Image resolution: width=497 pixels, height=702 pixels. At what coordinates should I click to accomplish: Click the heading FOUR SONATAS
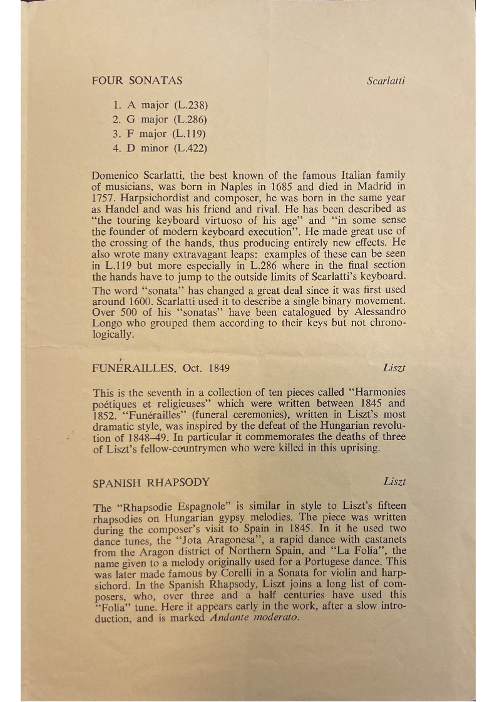(x=137, y=80)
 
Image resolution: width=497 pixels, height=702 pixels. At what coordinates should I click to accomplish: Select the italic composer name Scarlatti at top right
(x=386, y=81)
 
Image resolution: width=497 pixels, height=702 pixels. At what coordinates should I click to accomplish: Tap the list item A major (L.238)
(x=160, y=104)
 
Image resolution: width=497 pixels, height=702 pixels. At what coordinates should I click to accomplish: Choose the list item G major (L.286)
(x=160, y=119)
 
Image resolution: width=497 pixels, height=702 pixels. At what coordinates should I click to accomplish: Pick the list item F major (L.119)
(x=160, y=133)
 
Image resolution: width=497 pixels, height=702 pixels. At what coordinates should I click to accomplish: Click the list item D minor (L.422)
(x=160, y=148)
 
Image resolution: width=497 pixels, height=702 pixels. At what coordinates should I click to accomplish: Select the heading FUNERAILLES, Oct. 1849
(x=156, y=368)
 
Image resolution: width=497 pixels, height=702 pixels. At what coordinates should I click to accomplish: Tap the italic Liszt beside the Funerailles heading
(x=394, y=368)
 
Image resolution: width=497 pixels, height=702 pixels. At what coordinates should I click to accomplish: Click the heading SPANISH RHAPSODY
(x=151, y=483)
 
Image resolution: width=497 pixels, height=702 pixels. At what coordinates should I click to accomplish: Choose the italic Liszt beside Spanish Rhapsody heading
(x=394, y=482)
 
